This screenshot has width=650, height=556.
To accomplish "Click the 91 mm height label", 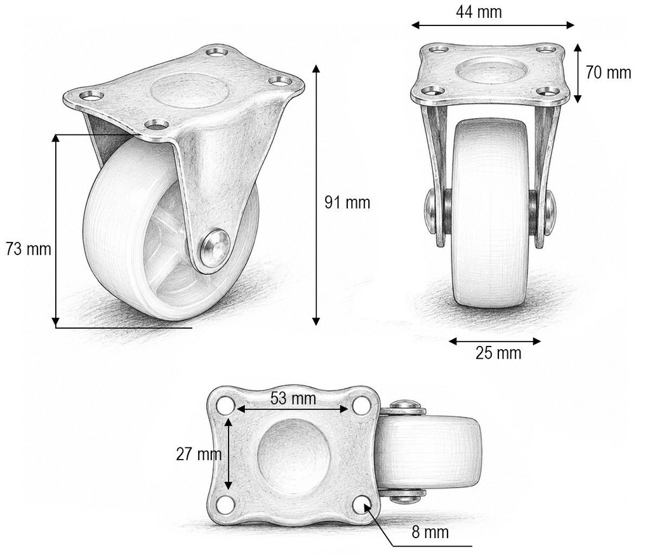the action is pos(347,202).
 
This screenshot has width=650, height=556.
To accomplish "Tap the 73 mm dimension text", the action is pos(29,249).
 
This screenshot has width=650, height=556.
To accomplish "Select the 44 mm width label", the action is pos(479,11).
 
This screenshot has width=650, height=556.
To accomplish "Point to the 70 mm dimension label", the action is pos(608,72).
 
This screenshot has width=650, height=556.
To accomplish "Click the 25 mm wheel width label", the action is pos(498,353).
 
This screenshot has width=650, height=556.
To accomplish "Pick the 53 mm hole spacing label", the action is pos(293,399).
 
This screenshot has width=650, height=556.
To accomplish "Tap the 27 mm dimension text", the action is pos(199,454).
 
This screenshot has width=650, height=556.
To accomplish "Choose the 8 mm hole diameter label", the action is pos(430,532).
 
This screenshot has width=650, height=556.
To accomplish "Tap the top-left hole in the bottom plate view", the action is pos(227,404).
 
